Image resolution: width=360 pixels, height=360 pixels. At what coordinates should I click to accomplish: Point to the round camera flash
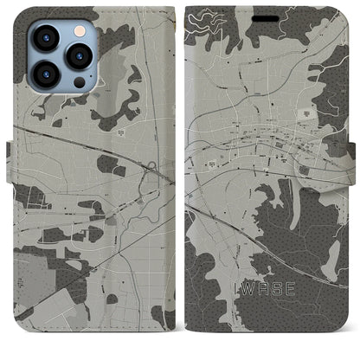click(80, 30)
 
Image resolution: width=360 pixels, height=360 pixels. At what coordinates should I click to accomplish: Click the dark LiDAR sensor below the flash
click(80, 81)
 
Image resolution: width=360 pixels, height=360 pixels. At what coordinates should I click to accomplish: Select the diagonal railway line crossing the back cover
click(95, 148)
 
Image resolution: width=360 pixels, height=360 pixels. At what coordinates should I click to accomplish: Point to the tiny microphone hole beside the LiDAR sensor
click(68, 87)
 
